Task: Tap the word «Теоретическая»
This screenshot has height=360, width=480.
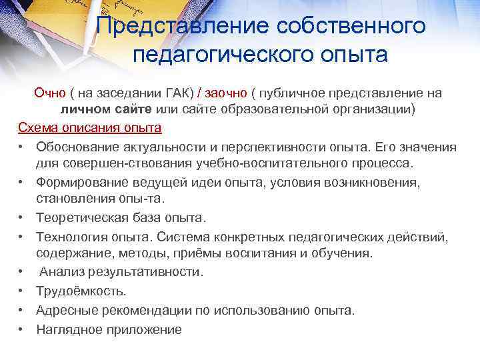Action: pos(80,218)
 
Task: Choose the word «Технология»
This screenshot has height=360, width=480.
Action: pos(69,237)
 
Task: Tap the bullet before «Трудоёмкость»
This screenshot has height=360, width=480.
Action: pos(22,291)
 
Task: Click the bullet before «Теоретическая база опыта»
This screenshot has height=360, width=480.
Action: pos(22,218)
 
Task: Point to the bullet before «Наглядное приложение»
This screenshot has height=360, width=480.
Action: pos(22,329)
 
